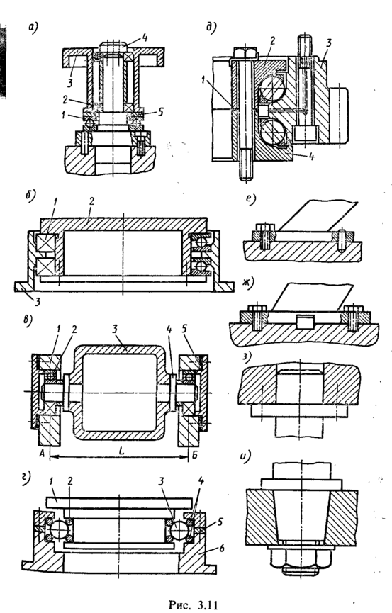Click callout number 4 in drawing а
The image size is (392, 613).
145,38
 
